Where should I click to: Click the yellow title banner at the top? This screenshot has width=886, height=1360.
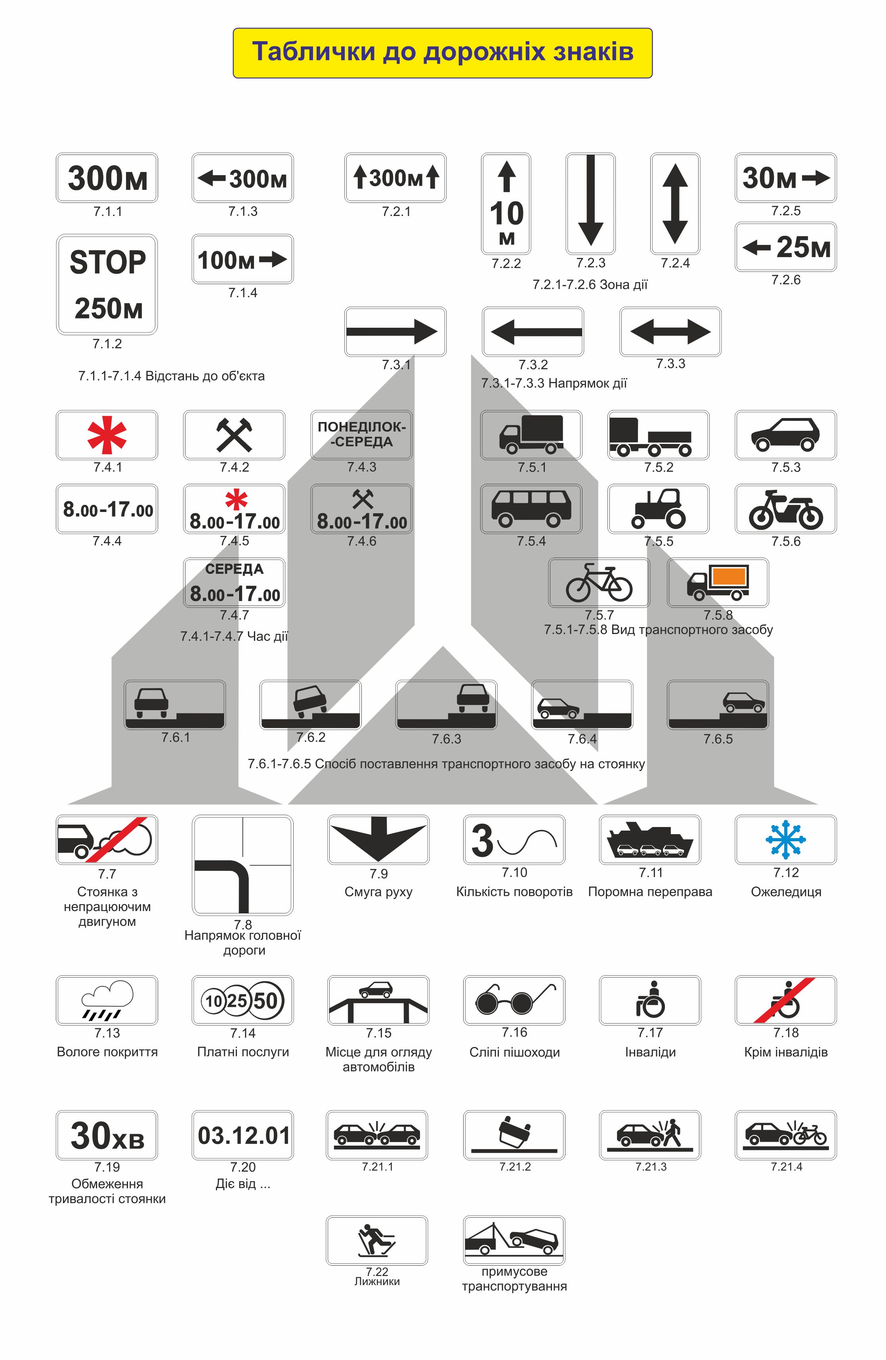[x=442, y=53]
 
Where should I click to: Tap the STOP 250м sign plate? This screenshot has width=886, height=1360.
[x=107, y=284]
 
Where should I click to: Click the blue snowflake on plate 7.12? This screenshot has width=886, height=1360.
[x=785, y=839]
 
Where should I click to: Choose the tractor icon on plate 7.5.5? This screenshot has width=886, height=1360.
[x=659, y=508]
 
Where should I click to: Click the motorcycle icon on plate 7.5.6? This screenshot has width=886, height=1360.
[x=785, y=509]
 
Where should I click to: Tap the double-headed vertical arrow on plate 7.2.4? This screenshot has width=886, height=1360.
[x=675, y=203]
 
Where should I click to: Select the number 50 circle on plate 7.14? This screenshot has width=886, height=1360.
[x=265, y=1001]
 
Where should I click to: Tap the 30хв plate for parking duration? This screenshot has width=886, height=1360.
[x=107, y=1135]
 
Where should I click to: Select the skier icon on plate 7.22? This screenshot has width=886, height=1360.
[x=376, y=1240]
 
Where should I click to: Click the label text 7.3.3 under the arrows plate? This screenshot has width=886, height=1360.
[x=670, y=363]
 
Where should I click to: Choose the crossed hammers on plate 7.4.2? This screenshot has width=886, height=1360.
[x=234, y=435]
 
